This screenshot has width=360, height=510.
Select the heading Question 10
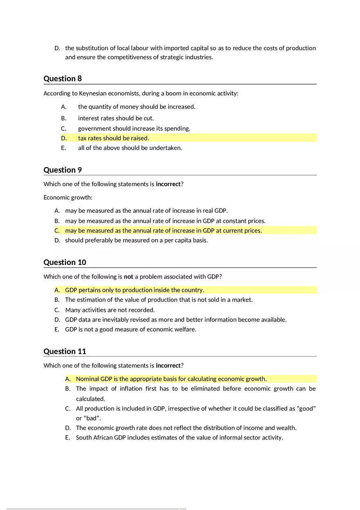pos(65,263)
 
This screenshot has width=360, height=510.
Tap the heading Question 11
pos(65,351)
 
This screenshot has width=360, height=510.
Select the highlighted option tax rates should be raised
pos(113,138)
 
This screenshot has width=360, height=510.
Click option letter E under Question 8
pos(63,148)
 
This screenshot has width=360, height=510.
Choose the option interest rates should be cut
pos(116,118)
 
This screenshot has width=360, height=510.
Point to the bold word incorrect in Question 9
pos(168,184)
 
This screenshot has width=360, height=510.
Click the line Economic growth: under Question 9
pos(68,198)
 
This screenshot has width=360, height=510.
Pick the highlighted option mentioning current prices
pos(163,231)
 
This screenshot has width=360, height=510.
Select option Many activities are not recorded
pos(110,310)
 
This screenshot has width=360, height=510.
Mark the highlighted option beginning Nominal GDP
pos(171,379)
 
